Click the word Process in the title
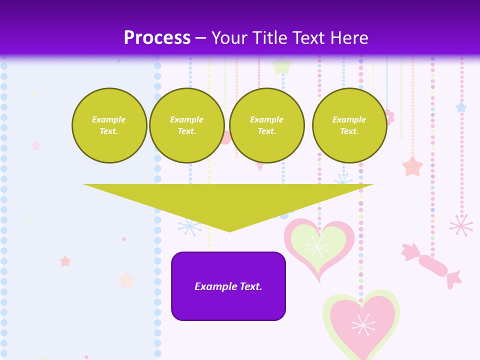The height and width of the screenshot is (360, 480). (157, 38)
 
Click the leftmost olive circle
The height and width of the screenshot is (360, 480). (109, 125)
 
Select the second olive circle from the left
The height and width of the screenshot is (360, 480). (187, 125)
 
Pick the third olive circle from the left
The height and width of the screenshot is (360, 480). (267, 125)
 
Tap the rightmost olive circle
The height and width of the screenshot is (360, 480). (349, 125)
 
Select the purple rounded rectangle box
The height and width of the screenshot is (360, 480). (228, 300)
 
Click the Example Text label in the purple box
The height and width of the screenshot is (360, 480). (228, 286)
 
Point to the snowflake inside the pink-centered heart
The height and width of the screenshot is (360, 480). (363, 325)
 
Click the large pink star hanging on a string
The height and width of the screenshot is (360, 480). (412, 166)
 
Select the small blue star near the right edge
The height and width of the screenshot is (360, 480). (461, 107)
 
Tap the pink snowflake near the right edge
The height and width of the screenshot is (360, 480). (461, 225)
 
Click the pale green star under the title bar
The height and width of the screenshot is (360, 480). (282, 65)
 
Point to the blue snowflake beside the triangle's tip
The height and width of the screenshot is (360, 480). (189, 226)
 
